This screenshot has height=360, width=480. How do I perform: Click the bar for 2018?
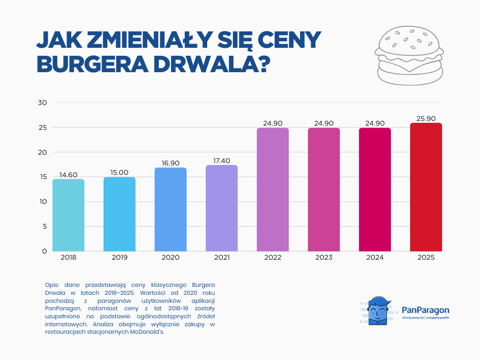pos(68,215)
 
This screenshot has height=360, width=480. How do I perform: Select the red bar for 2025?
pos(426,187)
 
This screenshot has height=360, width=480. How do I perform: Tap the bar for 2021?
pos(222,208)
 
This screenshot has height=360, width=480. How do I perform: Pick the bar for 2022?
pos(273,189)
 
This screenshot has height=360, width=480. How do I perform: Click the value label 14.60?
pos(68,175)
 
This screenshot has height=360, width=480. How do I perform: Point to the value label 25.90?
pos(426,119)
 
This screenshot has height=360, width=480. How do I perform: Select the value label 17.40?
pos(222,161)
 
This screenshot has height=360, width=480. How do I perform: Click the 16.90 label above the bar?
pos(171,163)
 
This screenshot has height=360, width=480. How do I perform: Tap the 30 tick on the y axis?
pos(42,103)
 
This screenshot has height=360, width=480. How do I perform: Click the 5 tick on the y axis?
pos(44,226)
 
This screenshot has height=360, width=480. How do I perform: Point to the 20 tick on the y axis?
pos(42,152)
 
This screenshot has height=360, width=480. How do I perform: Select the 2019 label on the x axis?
pos(120,258)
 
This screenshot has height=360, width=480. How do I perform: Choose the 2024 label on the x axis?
pos(375,258)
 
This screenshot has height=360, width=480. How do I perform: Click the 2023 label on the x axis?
pos(324,258)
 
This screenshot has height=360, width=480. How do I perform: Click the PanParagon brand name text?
pos(425,310)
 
